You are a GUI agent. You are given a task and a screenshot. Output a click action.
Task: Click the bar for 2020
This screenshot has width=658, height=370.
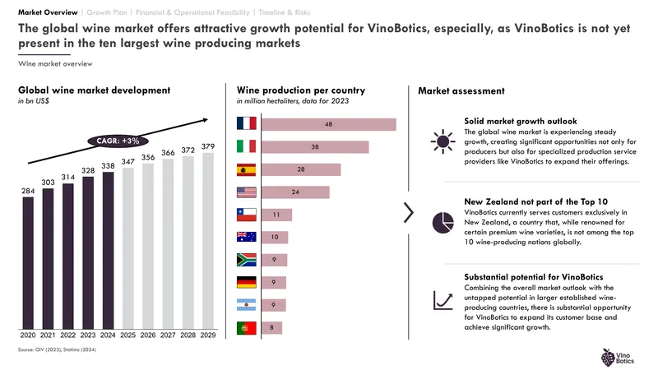pos(28,263)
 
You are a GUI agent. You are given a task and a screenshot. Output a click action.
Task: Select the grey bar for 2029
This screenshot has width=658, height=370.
pos(208,241)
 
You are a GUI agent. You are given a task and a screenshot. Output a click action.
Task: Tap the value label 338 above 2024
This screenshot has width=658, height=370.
pos(108,166)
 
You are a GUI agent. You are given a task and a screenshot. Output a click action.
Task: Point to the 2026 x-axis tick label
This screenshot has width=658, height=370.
pos(148,335)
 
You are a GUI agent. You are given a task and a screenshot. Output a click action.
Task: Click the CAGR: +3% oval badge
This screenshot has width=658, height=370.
pos(118,141)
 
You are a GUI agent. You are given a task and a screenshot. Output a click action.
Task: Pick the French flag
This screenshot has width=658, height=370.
pos(246,123)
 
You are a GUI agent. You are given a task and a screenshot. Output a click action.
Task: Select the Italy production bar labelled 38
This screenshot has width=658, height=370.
pos(315,147)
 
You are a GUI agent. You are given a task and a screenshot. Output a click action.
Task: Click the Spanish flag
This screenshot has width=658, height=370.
pos(246,169)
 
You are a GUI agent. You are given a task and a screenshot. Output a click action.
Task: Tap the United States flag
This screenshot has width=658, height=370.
pos(246,192)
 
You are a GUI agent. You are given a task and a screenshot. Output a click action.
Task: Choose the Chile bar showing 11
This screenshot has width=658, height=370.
pos(276,215)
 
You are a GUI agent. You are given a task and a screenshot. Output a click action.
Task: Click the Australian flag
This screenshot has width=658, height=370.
pos(246,237)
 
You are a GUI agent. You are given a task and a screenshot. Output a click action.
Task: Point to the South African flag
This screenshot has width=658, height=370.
pos(246,260)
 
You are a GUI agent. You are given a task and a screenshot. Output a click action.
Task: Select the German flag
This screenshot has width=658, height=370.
pos(246,282)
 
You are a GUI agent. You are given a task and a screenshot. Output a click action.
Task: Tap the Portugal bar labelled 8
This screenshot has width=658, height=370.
pos(271,327)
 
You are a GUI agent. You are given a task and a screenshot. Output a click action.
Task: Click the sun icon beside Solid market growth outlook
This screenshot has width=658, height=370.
pos(443,141)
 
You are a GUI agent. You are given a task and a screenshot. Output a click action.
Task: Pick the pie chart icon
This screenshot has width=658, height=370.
pos(443,222)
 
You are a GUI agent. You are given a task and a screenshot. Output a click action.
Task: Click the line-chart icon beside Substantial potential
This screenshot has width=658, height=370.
pos(443,301)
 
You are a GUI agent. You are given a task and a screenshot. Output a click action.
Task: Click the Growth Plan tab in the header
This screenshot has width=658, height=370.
pos(107,12)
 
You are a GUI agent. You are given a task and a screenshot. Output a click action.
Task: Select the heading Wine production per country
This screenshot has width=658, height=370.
pos(301,90)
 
